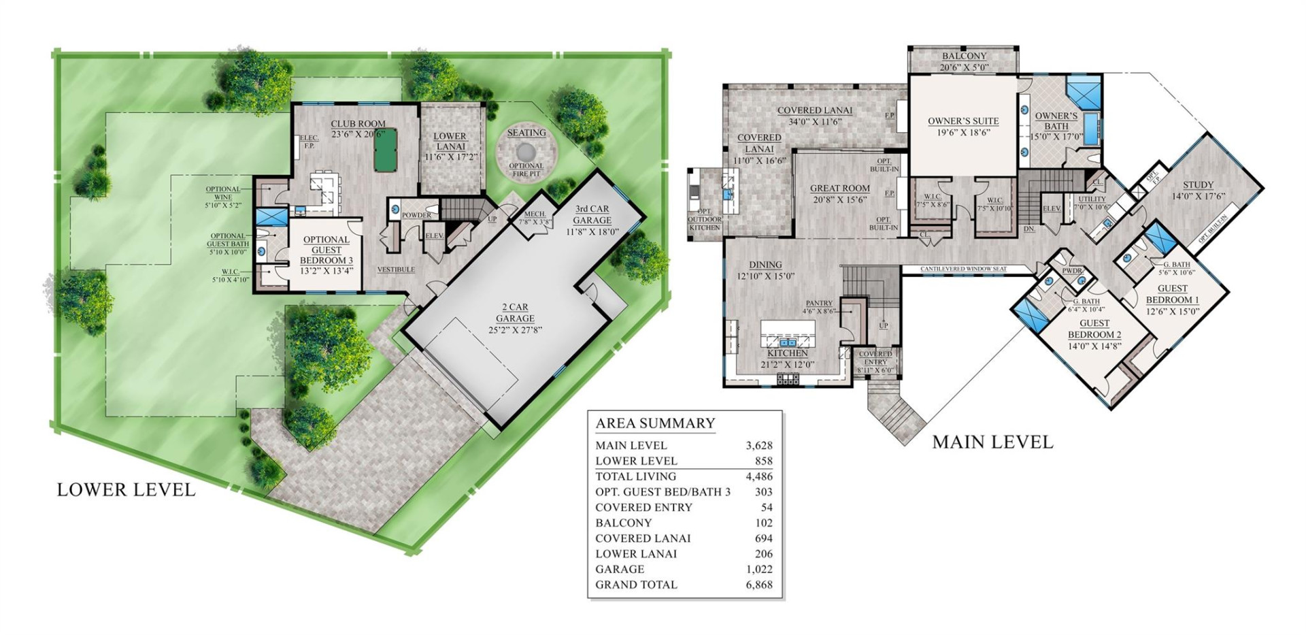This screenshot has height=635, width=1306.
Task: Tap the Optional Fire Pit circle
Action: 526,151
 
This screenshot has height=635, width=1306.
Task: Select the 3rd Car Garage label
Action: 591,215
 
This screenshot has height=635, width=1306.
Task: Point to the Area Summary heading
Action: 655,423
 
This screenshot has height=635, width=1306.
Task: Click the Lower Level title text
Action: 126,490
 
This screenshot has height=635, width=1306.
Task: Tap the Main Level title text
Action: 992,442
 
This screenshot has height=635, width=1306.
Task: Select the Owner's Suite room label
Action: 963,127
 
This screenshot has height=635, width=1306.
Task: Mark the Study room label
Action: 1198,190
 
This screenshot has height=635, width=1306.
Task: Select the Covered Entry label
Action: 875,358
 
